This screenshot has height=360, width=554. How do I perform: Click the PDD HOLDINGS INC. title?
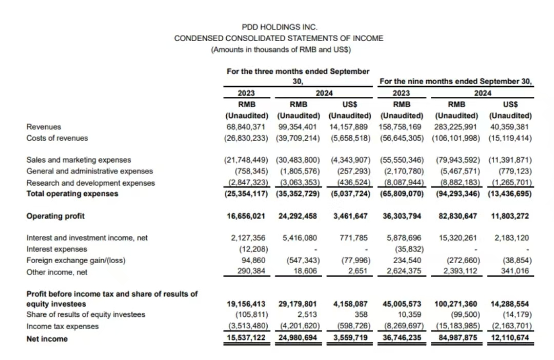tap(279, 27)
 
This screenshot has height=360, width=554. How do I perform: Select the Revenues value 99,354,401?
tap(298, 127)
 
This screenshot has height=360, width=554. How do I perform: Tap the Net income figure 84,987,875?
tap(456, 338)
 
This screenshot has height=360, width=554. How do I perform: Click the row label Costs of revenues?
tap(57, 138)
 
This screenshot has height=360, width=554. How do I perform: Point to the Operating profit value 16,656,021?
tap(246, 216)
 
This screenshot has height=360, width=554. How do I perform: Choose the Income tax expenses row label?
tap(62, 326)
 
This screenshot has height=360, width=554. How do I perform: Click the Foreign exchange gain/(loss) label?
tap(76, 261)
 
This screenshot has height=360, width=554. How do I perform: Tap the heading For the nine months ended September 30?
tap(456, 81)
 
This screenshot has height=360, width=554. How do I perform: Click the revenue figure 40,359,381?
tap(511, 127)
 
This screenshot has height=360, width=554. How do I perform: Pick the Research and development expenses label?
tap(90, 183)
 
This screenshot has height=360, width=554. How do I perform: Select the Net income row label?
tap(47, 338)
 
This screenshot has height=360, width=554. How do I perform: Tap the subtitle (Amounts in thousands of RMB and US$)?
tap(279, 50)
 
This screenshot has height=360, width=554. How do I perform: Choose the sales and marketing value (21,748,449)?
tap(246, 160)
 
